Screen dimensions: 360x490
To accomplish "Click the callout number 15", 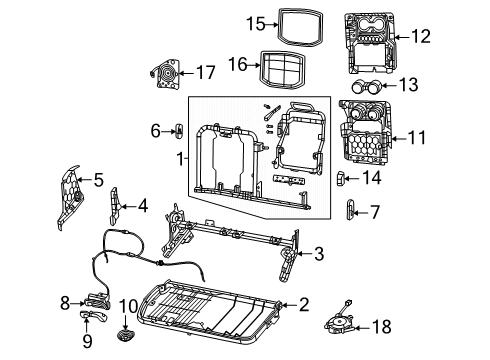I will [227, 22].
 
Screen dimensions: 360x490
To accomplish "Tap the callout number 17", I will [205, 72].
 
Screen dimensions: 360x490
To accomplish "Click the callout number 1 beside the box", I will [181, 160].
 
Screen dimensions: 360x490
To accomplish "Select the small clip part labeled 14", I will [340, 179].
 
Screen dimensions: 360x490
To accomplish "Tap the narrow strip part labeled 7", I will [350, 209].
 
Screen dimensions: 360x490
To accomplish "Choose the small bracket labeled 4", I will [115, 206].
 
